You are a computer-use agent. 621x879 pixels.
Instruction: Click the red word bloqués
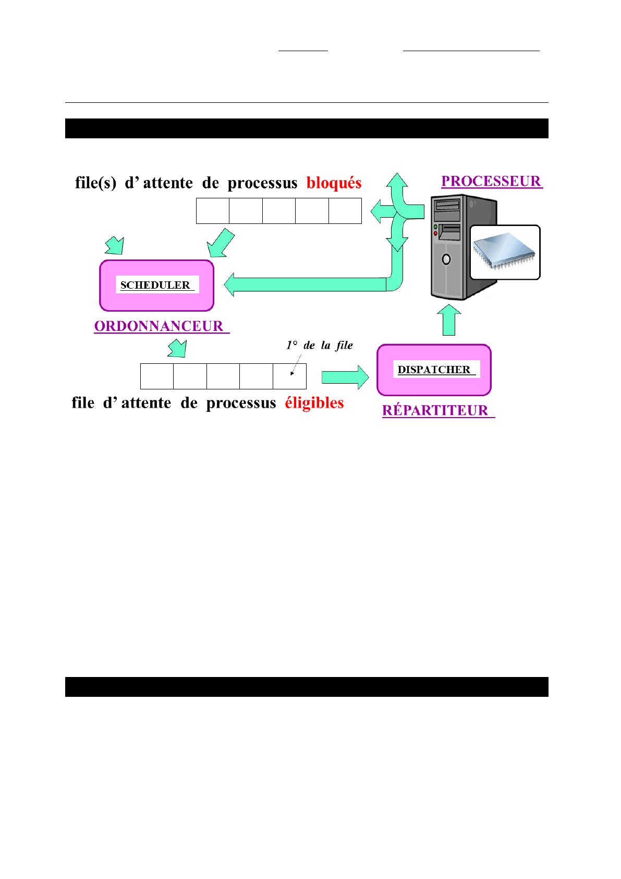tap(334, 183)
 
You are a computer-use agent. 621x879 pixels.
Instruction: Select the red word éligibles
tap(314, 403)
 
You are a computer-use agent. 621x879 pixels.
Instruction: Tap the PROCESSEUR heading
tap(491, 181)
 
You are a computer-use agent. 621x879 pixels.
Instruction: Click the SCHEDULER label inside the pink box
tap(155, 285)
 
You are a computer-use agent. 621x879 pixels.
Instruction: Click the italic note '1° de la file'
tap(320, 346)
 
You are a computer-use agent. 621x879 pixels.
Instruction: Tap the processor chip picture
tap(505, 252)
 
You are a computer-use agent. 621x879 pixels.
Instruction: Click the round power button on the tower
tap(446, 259)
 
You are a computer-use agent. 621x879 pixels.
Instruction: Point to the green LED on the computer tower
tap(435, 227)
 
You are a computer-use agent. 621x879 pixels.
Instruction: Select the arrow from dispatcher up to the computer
tap(449, 320)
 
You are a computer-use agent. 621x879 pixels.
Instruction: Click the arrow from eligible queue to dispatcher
tap(345, 377)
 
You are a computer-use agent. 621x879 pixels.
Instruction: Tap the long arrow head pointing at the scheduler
tap(229, 284)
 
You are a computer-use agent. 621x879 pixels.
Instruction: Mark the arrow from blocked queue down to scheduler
tap(221, 243)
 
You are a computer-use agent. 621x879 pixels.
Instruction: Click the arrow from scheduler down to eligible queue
tap(177, 348)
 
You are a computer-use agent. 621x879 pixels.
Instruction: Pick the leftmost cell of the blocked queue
tap(213, 211)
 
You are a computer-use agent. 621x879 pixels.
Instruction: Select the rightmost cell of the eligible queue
tap(289, 376)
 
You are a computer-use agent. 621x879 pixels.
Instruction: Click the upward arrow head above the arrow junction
tap(397, 180)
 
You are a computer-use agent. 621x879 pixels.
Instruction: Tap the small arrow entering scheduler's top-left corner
tap(115, 246)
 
